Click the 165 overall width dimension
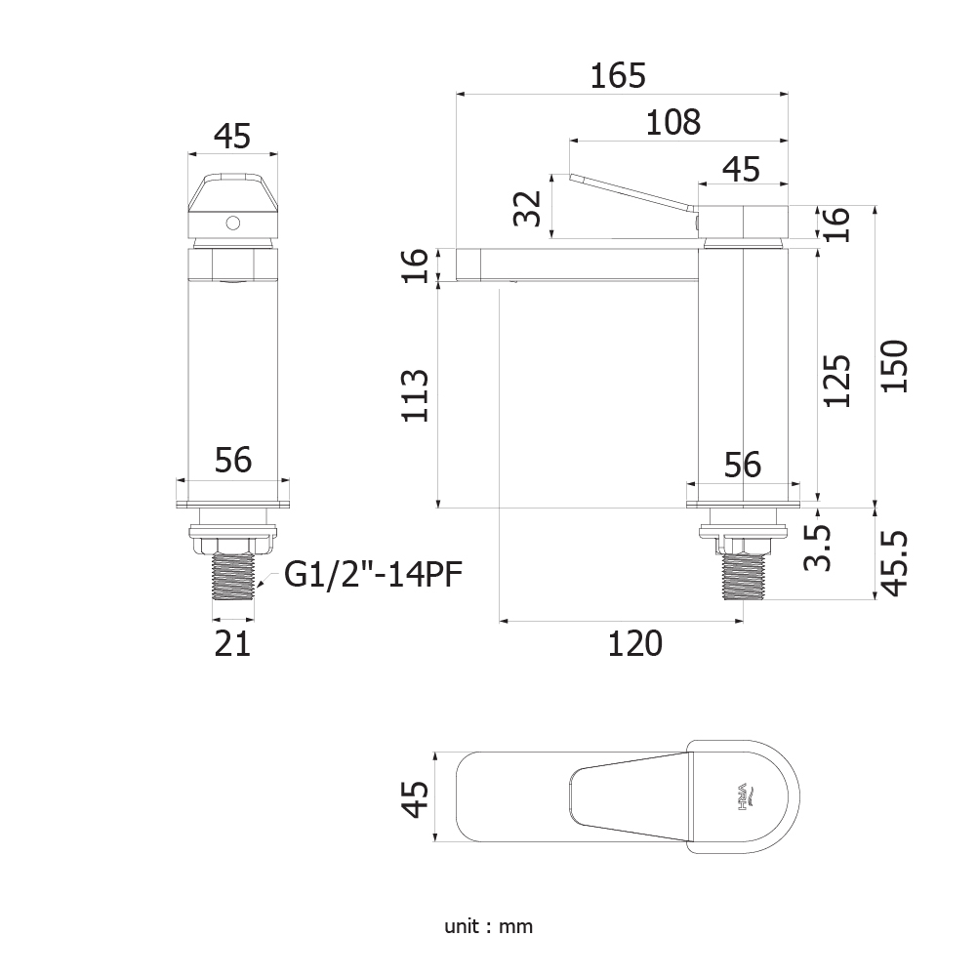[618, 76]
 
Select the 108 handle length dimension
[672, 122]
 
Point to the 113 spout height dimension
[415, 395]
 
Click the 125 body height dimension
[836, 381]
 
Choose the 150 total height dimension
[894, 366]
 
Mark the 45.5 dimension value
[894, 564]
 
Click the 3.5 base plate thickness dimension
[818, 548]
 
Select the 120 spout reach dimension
[635, 643]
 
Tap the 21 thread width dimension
[232, 643]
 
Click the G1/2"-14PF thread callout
[373, 575]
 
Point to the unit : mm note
[488, 926]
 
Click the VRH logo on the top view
[745, 797]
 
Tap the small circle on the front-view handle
[233, 223]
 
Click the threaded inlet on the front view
[233, 577]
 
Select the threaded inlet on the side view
[744, 577]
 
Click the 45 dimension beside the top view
[415, 798]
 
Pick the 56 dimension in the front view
[233, 460]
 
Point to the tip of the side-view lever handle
[571, 178]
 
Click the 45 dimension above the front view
[232, 136]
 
